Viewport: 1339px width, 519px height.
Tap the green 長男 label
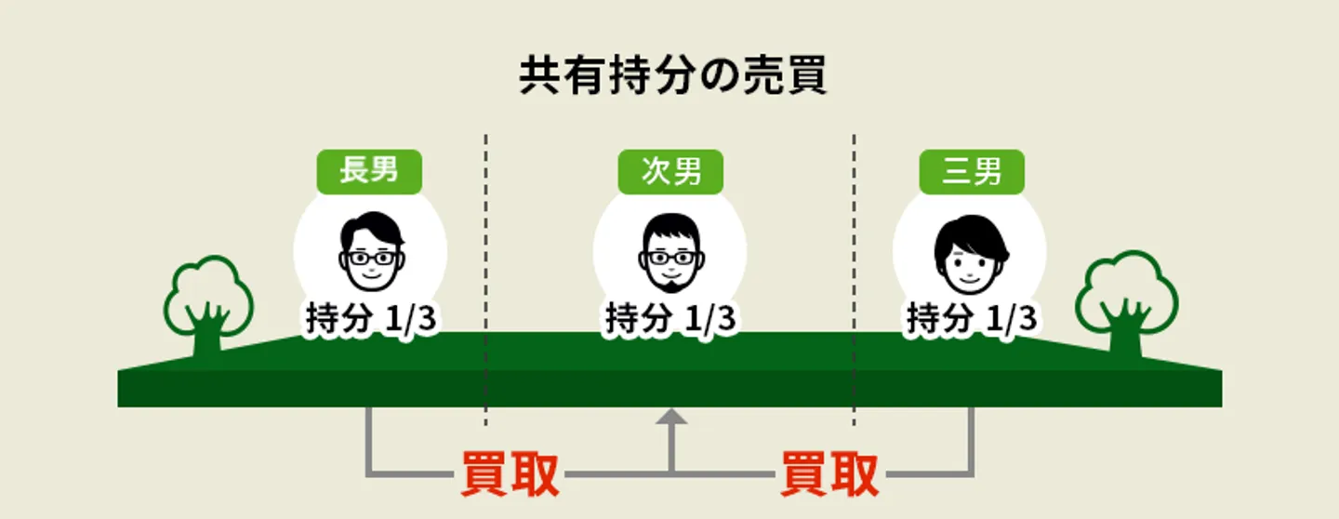pyautogui.click(x=369, y=171)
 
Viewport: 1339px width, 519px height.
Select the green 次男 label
pyautogui.click(x=670, y=171)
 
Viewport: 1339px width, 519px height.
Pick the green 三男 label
pyautogui.click(x=972, y=171)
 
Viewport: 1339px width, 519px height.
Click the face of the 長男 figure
pyautogui.click(x=372, y=251)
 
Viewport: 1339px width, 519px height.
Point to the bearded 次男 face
pyautogui.click(x=671, y=252)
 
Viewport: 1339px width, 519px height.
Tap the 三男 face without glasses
pyautogui.click(x=972, y=254)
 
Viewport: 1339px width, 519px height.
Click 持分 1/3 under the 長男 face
pyautogui.click(x=371, y=317)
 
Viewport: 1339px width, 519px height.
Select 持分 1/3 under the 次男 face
pyautogui.click(x=670, y=317)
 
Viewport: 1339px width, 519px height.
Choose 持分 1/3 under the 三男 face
pyautogui.click(x=972, y=317)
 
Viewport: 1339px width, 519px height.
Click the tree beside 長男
pyautogui.click(x=208, y=306)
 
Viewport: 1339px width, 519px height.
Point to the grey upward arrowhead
pyautogui.click(x=671, y=417)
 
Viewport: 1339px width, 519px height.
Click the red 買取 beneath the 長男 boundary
pyautogui.click(x=510, y=474)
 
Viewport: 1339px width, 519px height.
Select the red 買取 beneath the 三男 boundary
pyautogui.click(x=829, y=474)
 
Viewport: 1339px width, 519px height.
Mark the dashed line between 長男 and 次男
pyautogui.click(x=486, y=280)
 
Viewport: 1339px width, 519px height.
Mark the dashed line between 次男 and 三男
pyautogui.click(x=855, y=280)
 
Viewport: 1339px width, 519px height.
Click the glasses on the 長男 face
pyautogui.click(x=372, y=259)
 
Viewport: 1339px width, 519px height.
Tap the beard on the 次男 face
pyautogui.click(x=671, y=284)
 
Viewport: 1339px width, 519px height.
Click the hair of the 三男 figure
pyautogui.click(x=972, y=235)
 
